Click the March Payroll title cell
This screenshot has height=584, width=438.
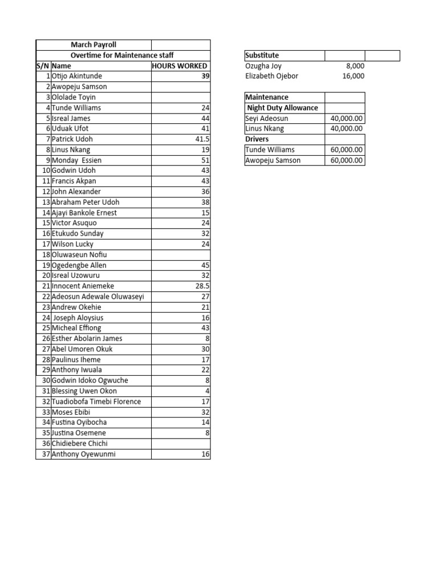[93, 44]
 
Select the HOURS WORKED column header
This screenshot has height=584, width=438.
[180, 66]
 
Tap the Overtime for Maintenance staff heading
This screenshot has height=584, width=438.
[122, 55]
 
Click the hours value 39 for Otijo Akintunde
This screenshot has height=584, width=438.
[204, 76]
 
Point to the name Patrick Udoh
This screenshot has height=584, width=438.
[72, 139]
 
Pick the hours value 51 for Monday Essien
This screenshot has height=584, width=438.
[205, 160]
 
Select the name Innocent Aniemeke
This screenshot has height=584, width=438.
[83, 286]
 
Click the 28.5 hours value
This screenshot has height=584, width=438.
[202, 286]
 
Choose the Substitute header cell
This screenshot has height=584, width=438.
[262, 55]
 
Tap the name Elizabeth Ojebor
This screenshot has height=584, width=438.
[271, 76]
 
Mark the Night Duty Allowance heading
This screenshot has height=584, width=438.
[283, 108]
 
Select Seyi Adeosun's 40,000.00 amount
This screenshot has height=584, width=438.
[347, 118]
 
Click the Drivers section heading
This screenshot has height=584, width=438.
[257, 139]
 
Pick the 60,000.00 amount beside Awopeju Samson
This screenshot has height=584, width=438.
[347, 160]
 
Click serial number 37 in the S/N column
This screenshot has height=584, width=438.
[46, 455]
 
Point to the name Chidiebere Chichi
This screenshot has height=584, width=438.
[79, 444]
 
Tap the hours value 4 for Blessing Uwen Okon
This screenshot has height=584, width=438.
[208, 391]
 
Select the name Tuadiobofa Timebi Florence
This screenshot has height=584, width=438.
[96, 401]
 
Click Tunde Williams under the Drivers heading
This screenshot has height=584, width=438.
[270, 149]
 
